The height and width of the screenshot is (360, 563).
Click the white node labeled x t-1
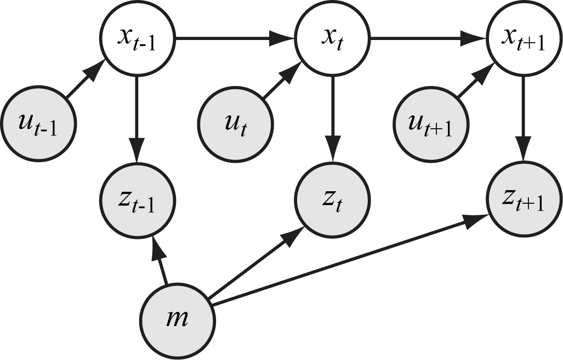tap(137, 39)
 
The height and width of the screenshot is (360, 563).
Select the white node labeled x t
tap(333, 39)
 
